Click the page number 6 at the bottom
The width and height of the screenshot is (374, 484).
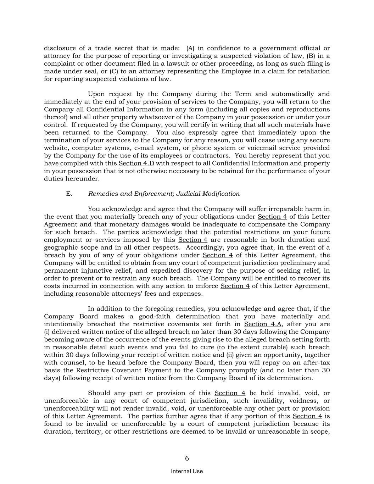(x=187, y=458)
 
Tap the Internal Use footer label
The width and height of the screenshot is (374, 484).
(x=187, y=471)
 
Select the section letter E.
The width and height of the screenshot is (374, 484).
(x=69, y=194)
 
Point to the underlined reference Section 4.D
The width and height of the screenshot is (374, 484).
(x=136, y=163)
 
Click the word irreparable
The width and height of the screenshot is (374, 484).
(x=281, y=209)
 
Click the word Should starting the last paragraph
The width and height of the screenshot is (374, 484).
(x=99, y=393)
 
